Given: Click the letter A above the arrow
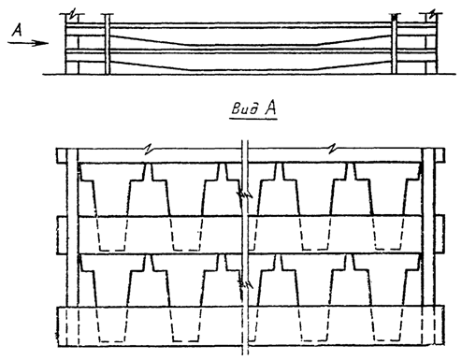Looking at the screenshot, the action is [17, 31].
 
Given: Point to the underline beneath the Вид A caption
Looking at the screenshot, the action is [253, 118].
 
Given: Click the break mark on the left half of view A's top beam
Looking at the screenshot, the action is [150, 149].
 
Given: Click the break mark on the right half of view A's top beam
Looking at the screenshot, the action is [332, 149].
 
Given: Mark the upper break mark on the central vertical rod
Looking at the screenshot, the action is [245, 195].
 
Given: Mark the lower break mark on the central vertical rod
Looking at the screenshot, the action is [245, 283].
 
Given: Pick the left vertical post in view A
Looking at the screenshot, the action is [72, 246].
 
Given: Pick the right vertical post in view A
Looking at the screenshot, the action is [428, 246].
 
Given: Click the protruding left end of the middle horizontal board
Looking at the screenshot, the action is [62, 235].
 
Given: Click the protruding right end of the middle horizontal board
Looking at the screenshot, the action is [439, 235].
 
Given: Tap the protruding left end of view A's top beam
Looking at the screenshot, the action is [62, 155].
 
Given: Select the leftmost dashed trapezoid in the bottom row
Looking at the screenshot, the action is [111, 324].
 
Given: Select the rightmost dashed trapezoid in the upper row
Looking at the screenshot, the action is [388, 233].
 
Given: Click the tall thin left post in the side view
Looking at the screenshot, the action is [108, 44].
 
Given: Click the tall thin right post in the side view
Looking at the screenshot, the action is [395, 44].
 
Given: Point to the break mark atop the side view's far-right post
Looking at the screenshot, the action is [432, 14].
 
